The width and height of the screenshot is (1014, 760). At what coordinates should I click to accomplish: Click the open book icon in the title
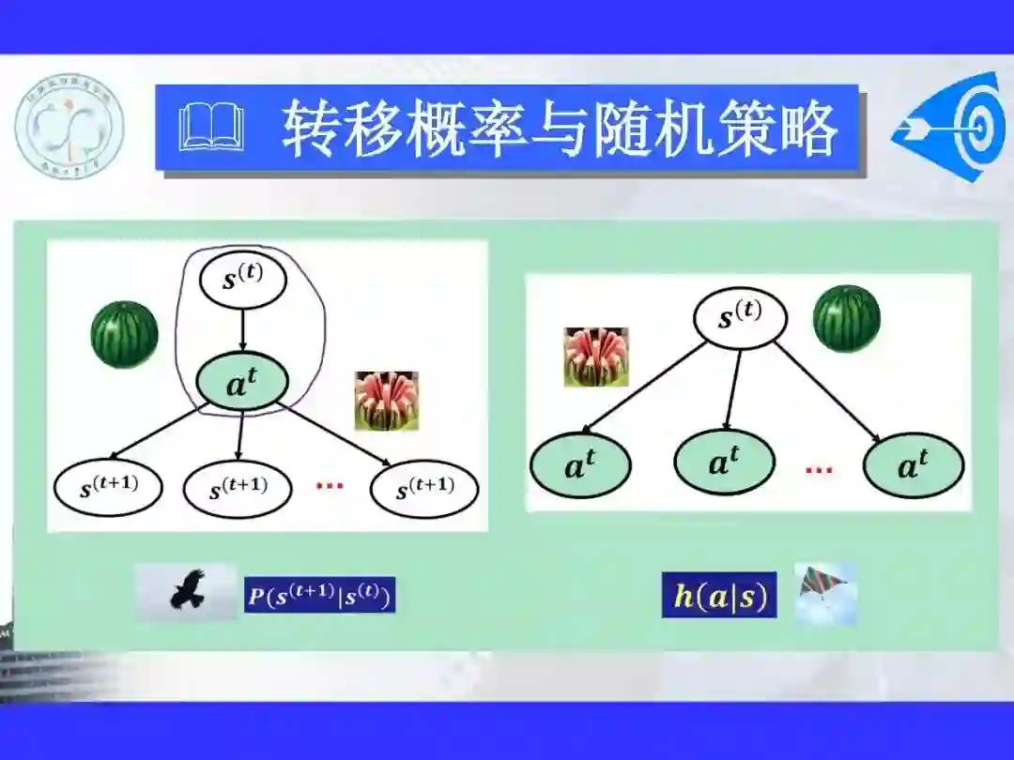(211, 129)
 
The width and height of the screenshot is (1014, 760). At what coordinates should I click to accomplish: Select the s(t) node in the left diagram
(242, 280)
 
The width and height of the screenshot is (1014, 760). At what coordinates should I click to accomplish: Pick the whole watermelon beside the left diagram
(124, 334)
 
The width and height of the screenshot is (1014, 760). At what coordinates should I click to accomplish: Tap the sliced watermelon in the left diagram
(386, 401)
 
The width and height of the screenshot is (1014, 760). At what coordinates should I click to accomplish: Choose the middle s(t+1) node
(238, 488)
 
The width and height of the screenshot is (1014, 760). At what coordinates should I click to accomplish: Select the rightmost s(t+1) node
(424, 487)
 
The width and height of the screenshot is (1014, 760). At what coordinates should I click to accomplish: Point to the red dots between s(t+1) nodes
(330, 486)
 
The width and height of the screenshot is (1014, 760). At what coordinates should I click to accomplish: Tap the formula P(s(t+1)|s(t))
(319, 595)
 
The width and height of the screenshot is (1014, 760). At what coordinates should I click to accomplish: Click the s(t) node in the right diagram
(739, 316)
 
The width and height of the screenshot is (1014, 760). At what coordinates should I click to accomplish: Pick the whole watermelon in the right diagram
(847, 319)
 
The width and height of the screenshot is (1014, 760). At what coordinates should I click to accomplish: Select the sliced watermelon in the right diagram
(595, 357)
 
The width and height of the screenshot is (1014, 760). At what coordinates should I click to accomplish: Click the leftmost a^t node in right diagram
(580, 465)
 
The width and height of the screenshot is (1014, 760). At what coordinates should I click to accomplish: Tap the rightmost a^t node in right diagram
(914, 465)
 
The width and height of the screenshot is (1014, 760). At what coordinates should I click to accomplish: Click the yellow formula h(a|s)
(719, 596)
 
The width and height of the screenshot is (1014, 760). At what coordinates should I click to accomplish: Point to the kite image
(825, 594)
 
